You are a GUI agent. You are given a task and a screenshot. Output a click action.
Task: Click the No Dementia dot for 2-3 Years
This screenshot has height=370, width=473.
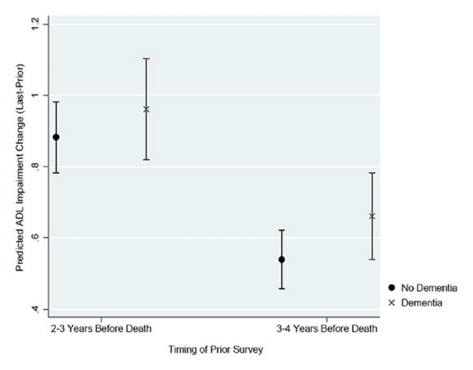coord(56,137)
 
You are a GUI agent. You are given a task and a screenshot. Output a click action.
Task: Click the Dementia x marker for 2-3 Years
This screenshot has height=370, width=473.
coord(147,109)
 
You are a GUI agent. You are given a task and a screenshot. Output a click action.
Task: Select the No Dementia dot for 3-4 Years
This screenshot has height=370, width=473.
coord(282,259)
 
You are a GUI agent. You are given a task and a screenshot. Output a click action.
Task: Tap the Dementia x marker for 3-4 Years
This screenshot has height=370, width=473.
coord(372,216)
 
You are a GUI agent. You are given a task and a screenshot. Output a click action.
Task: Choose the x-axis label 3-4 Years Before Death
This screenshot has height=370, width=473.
coord(327,330)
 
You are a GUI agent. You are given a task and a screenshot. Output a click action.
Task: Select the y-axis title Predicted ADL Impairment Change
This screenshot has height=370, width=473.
coord(19,167)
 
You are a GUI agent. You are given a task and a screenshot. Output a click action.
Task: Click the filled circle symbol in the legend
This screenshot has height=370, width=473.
coord(391,288)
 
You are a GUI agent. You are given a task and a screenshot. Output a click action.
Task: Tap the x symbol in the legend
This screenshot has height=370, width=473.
coord(391,303)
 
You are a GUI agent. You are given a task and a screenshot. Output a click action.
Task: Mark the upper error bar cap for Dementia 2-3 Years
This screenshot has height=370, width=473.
coord(147,59)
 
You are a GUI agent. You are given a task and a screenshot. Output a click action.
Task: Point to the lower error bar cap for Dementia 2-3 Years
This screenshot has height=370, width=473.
coord(147,159)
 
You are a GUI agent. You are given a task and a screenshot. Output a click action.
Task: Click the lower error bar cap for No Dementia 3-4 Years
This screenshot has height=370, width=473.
coord(282,289)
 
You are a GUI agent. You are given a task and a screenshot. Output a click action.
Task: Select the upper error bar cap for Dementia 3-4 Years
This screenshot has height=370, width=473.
coord(372,173)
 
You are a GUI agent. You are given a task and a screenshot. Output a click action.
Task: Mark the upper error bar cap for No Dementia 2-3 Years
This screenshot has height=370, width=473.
coord(56,102)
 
